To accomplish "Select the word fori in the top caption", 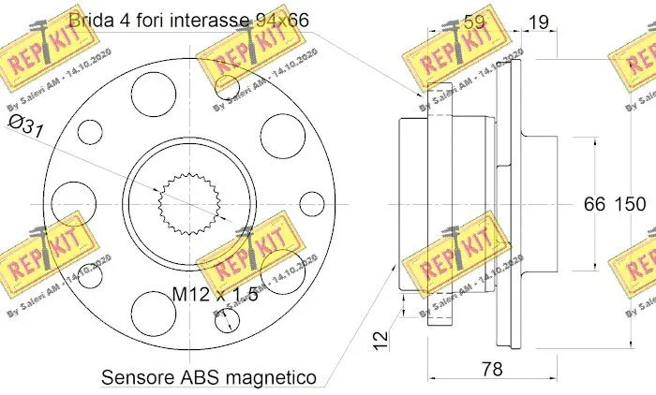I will pos(148,18).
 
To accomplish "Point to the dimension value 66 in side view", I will pos(595,204).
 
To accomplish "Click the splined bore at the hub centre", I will pos(187,203).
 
